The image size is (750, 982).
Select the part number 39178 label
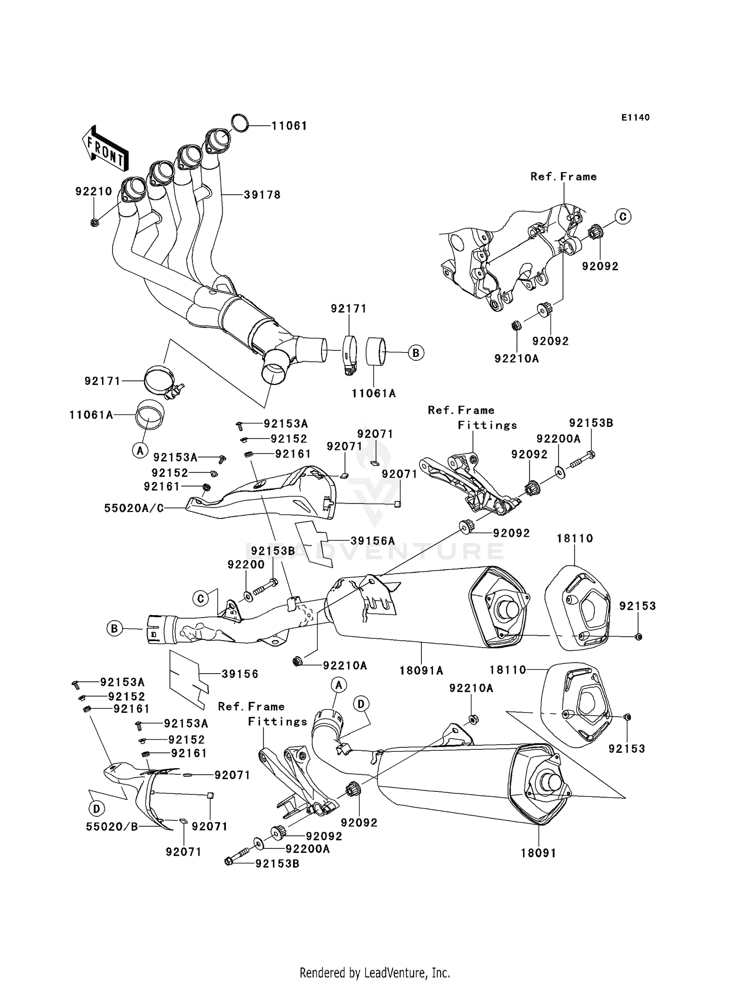262,195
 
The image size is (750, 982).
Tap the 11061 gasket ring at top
240,123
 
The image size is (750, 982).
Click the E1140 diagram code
635,118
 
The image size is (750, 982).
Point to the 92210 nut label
93,192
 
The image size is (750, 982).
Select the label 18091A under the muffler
421,670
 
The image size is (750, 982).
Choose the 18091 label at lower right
538,853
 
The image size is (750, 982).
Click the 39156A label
372,541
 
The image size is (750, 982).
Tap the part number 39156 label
240,674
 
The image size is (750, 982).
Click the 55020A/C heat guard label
134,509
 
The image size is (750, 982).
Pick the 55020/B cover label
112,827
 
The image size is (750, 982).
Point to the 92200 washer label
246,565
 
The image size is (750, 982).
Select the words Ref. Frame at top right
563,177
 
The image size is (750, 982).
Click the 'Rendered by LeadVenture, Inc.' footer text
374,959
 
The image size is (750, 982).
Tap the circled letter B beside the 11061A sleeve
416,352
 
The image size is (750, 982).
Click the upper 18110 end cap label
575,539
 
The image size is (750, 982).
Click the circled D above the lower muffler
361,704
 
